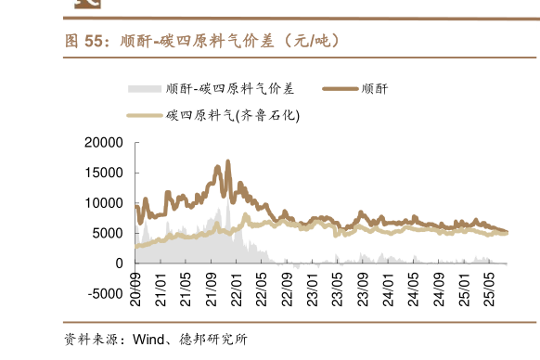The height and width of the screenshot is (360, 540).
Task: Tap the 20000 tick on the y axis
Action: click(103, 143)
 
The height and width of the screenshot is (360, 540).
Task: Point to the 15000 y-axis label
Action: click(103, 173)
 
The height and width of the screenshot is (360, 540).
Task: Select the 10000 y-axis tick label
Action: click(103, 203)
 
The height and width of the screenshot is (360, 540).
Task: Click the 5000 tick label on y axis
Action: click(107, 234)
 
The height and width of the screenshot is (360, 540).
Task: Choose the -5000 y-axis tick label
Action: click(104, 294)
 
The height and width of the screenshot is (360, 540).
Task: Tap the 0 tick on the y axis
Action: click(119, 264)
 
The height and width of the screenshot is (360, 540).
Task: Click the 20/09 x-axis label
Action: click(136, 286)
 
